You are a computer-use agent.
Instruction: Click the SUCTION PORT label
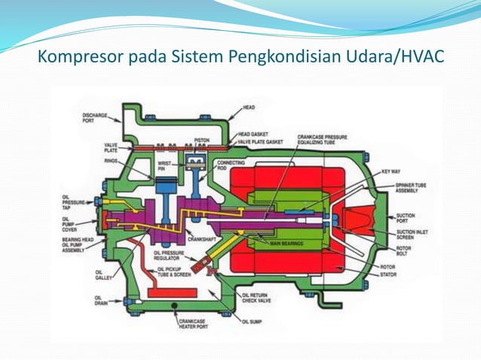405,218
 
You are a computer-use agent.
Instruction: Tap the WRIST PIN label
165,166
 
